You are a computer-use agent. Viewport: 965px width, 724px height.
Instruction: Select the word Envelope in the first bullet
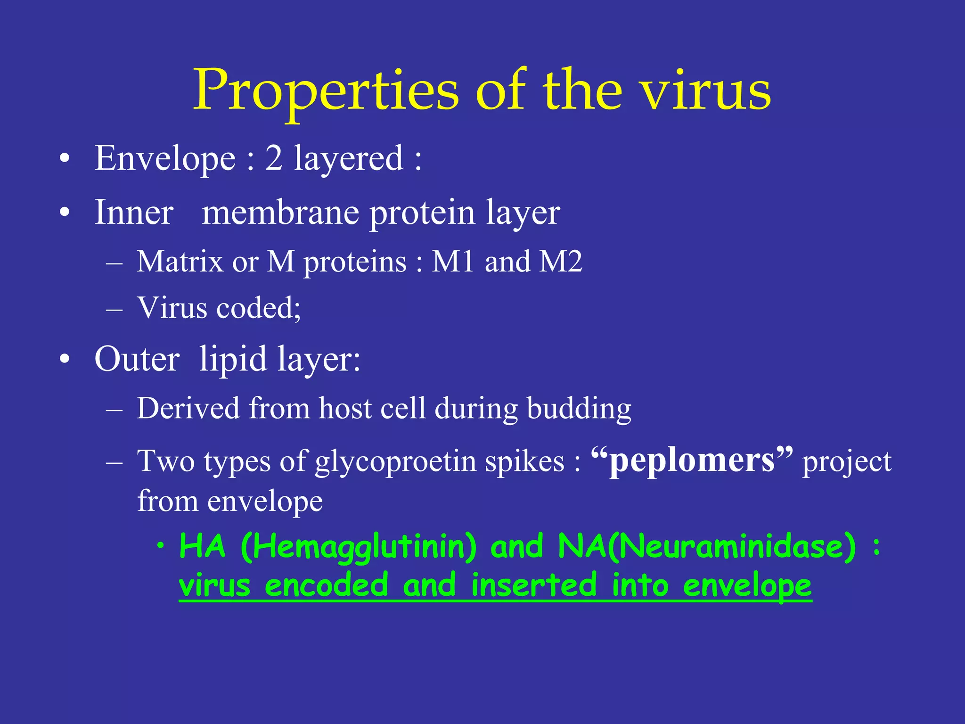click(165, 158)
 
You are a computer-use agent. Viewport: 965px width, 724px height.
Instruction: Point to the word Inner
click(134, 213)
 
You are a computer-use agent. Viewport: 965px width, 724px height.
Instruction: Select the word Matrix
click(180, 262)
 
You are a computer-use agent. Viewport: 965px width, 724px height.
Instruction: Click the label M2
click(561, 262)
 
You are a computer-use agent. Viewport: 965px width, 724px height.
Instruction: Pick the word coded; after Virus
click(259, 308)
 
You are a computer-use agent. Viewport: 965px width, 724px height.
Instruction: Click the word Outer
click(137, 360)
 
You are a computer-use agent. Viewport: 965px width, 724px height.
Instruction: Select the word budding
click(579, 408)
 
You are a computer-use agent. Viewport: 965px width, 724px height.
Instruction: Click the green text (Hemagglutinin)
click(359, 547)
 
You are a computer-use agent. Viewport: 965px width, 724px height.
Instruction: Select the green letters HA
click(203, 547)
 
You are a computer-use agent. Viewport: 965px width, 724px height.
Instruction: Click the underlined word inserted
click(534, 585)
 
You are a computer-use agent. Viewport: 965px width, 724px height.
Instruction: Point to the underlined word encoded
click(327, 585)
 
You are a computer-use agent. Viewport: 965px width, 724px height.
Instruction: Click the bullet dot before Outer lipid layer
click(65, 361)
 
